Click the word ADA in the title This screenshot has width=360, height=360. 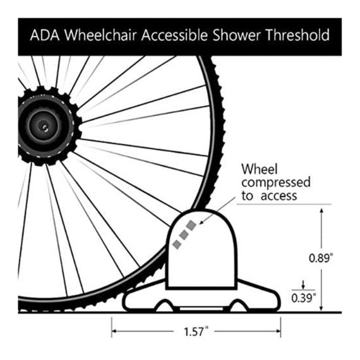point(45,35)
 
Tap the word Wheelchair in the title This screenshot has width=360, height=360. point(100,35)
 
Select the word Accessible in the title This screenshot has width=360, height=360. point(174,35)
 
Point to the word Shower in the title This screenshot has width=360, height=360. point(236,35)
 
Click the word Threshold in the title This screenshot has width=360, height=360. point(297,35)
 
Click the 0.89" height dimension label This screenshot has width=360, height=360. point(321,258)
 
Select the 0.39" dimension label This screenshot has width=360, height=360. point(304,298)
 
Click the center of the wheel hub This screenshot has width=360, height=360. point(44,126)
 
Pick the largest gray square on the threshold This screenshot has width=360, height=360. point(191,225)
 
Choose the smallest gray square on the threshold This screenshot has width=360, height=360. point(177,244)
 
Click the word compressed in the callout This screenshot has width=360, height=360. point(276,183)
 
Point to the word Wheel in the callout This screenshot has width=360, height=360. point(260,169)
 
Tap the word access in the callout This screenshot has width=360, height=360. point(279,196)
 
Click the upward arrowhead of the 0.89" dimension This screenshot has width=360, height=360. point(321,210)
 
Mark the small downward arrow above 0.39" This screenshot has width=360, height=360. point(303,285)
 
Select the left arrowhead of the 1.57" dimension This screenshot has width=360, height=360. point(114,331)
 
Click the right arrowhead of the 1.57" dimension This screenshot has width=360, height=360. point(278,331)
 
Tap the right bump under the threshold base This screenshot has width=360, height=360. point(238,306)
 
